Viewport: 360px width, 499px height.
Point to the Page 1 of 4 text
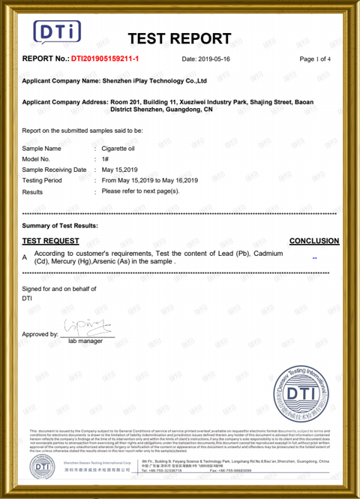point(315,59)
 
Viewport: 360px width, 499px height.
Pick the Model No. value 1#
point(106,159)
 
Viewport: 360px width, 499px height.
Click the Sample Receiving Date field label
point(54,170)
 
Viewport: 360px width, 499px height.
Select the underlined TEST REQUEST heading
point(50,241)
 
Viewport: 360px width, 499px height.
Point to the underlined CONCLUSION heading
point(313,241)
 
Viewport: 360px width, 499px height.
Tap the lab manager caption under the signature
point(85,341)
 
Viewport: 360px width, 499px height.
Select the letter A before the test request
point(25,257)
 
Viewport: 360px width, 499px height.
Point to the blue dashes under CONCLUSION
point(315,257)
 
